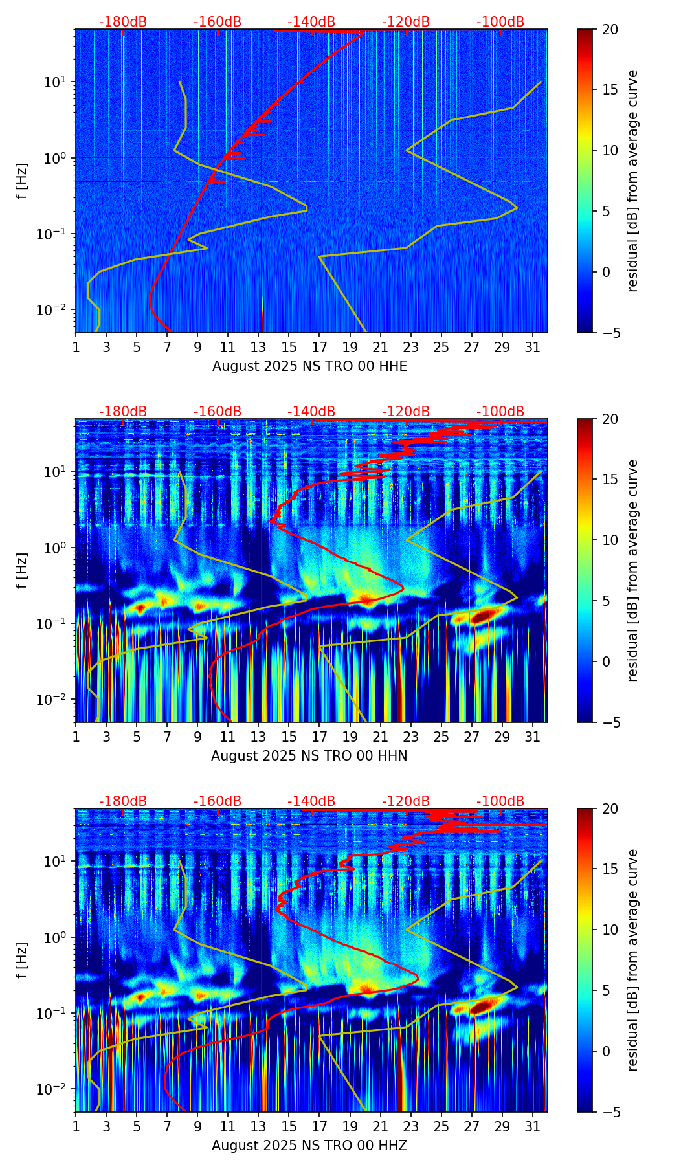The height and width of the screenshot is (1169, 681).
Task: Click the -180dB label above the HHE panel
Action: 123,22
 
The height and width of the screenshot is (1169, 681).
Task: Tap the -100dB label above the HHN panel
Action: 500,412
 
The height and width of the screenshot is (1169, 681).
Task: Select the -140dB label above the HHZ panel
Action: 311,801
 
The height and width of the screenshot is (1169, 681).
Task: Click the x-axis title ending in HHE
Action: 309,366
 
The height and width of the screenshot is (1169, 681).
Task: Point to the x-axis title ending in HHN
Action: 309,756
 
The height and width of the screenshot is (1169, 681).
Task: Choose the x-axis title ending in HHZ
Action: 309,1146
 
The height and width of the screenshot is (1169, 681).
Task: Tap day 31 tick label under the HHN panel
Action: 533,737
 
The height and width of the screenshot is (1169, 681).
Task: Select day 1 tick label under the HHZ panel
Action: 76,1127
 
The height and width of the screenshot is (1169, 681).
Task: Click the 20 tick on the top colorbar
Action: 610,30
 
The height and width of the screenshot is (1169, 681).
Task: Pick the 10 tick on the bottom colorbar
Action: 610,930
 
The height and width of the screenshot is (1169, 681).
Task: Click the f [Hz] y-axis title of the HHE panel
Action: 23,181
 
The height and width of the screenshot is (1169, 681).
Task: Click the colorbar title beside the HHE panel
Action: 633,181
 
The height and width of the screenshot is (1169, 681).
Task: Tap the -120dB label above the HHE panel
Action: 406,22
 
